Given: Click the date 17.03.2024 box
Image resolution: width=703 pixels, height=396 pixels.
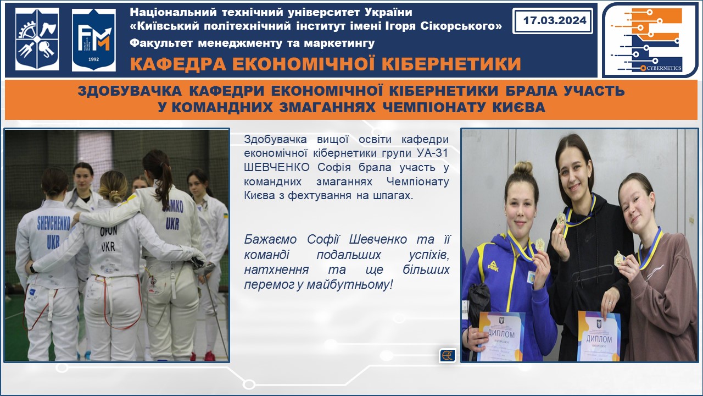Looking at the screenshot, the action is tap(553, 21).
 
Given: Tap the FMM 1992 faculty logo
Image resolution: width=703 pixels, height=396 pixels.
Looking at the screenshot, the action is tap(93, 40).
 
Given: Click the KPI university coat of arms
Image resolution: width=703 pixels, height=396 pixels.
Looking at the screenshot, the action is tap(37, 39).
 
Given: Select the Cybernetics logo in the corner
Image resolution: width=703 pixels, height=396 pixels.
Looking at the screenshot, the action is tap(649, 40).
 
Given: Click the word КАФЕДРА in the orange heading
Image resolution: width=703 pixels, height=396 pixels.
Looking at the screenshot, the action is tap(178, 64).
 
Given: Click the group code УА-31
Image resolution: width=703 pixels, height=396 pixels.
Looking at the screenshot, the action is tap(432, 153).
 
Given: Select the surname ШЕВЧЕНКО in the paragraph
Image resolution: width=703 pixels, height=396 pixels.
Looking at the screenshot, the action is tap(276, 167).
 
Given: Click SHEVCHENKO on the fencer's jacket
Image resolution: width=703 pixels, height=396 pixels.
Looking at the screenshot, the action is tap(54, 223).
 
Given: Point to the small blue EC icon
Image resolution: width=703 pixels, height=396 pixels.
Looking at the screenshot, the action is tap(448, 355).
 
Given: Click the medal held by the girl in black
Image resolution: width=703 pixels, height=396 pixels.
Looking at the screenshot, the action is tap(561, 219).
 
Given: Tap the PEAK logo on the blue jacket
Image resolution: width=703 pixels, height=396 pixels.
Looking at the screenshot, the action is tap(493, 266).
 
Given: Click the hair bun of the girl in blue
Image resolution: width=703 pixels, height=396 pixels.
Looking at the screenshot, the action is tap(522, 168).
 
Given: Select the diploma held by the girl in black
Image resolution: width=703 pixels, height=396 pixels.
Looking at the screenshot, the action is tap(599, 335).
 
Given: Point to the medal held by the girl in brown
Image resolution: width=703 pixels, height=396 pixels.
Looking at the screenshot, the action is tap(619, 258).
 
